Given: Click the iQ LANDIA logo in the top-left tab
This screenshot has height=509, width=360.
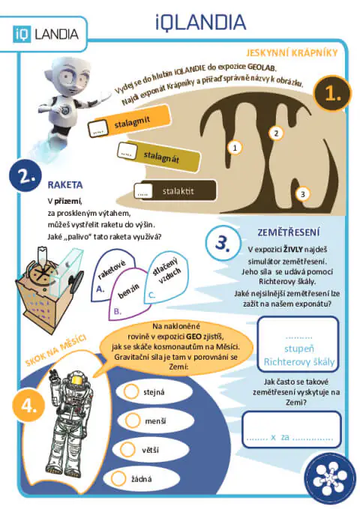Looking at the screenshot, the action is pos(46,34).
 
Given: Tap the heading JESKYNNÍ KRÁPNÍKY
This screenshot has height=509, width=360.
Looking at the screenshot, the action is pos(292,52).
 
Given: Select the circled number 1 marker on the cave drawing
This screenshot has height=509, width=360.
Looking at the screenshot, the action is pos(235,148).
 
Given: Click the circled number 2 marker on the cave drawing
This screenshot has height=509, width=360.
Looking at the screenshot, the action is pos(276,133).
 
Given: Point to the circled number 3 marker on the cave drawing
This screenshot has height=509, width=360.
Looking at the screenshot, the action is pos(303,194).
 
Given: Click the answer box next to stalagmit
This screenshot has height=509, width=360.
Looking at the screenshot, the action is pos(97,128).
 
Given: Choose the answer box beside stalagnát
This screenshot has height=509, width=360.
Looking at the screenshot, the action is pos(127,151).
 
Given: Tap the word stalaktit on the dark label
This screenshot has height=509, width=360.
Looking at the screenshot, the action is pos(178,191).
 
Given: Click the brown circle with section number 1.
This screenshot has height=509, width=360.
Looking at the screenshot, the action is pos(332,94).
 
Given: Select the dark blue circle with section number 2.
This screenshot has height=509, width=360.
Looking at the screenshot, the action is pos(25,175).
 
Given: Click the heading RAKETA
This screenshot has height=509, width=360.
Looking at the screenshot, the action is pos(65,185).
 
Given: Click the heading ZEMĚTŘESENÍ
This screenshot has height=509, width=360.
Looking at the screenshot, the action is pos(289,232).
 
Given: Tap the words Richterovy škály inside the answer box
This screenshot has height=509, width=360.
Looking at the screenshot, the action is pos(299,361).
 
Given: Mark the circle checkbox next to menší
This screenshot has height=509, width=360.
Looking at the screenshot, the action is pos(133,420).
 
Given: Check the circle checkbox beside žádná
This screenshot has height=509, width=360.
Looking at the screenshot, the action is pos(118,478).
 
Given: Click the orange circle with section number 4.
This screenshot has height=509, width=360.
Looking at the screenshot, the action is pos(28,406).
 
